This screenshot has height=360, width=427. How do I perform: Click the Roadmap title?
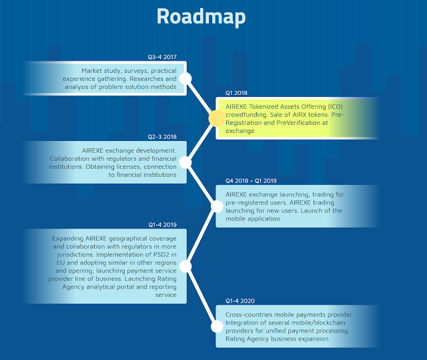pyautogui.click(x=201, y=16)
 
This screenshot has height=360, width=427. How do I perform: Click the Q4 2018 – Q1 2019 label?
pyautogui.click(x=251, y=180)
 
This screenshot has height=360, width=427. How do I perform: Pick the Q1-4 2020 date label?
pyautogui.click(x=240, y=301)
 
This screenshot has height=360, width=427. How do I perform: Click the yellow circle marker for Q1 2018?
pyautogui.click(x=216, y=119)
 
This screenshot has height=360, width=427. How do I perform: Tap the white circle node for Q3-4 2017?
pyautogui.click(x=186, y=79)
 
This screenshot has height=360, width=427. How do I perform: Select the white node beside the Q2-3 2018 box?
pyautogui.click(x=186, y=162)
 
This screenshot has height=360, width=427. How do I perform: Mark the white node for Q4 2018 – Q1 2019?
pyautogui.click(x=216, y=206)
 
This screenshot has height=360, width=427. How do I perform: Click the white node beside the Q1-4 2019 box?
pyautogui.click(x=186, y=266)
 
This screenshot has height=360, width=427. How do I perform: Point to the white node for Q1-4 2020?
pyautogui.click(x=216, y=327)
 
